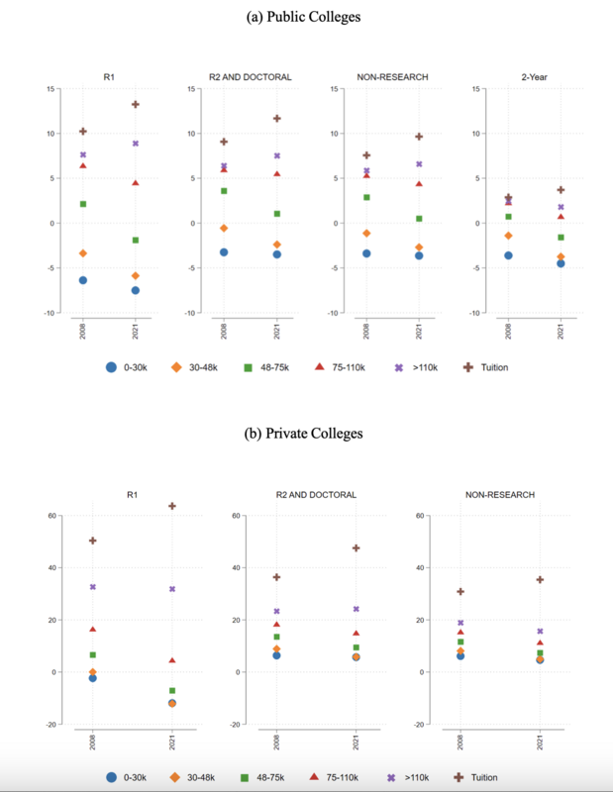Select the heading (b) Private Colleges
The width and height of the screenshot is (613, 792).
pyautogui.click(x=306, y=433)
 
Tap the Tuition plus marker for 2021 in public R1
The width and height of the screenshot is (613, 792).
pyautogui.click(x=136, y=104)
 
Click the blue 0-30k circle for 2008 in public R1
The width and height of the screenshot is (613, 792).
pyautogui.click(x=83, y=280)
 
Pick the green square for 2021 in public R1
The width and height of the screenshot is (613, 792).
pyautogui.click(x=136, y=240)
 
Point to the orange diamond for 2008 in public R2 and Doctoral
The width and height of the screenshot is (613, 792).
pyautogui.click(x=224, y=228)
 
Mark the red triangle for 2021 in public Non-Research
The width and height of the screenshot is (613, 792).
pyautogui.click(x=419, y=183)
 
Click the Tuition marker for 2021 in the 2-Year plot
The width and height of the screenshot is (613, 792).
pyautogui.click(x=561, y=189)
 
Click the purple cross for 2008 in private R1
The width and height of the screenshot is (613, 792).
pyautogui.click(x=93, y=587)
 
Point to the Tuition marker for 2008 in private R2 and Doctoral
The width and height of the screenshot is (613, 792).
pyautogui.click(x=277, y=577)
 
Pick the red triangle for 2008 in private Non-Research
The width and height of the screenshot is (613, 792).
pyautogui.click(x=460, y=632)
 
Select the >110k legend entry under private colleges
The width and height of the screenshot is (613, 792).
pyautogui.click(x=410, y=777)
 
